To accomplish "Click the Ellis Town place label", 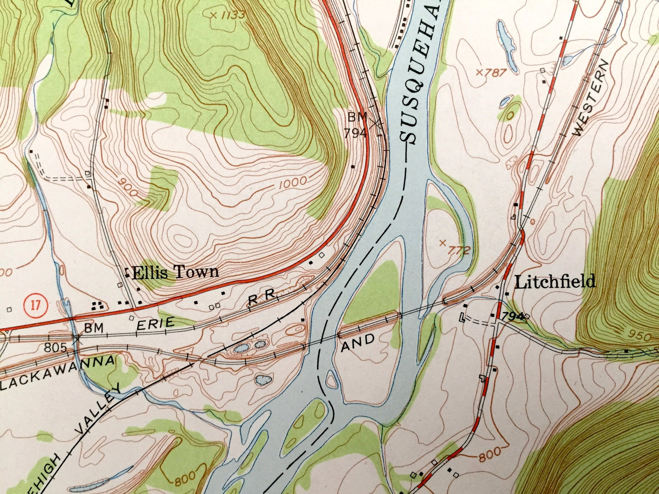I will [175, 273].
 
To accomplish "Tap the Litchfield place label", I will [555, 282].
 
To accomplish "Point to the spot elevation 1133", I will [228, 15].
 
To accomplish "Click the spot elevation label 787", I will [491, 72].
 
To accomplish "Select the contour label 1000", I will [291, 182].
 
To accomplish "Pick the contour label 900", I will [127, 187].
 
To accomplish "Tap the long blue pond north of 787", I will [507, 45].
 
